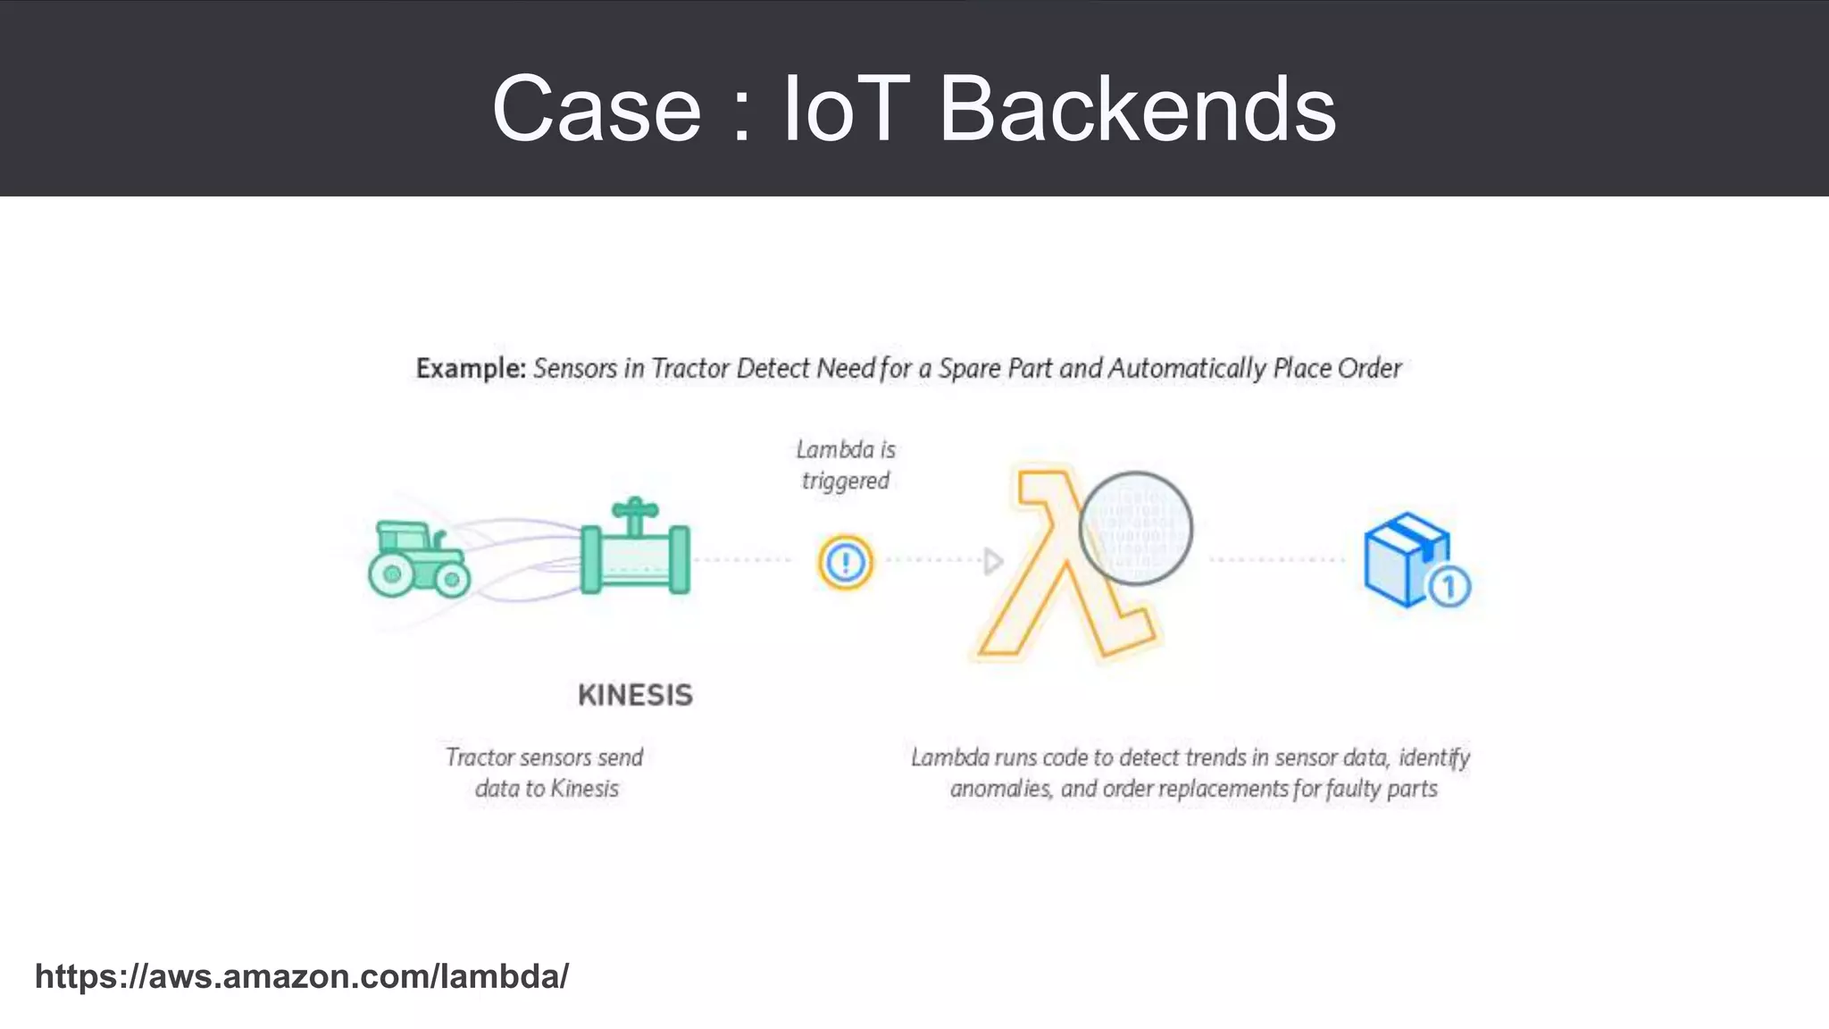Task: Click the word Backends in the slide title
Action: pos(1137,109)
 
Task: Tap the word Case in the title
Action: pos(597,109)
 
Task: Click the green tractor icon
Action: pos(418,559)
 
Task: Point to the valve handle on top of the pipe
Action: pos(635,511)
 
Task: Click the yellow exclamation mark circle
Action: pos(845,562)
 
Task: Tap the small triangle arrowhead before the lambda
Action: pos(992,562)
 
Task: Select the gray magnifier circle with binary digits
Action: pos(1135,528)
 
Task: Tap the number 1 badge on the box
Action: pos(1449,588)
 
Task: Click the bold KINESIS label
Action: pos(635,695)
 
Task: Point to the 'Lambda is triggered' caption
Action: pos(845,465)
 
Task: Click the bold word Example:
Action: pos(471,368)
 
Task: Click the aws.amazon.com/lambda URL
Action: pos(301,976)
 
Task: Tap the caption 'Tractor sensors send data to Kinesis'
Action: pos(546,773)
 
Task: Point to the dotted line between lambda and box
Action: pos(1277,560)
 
